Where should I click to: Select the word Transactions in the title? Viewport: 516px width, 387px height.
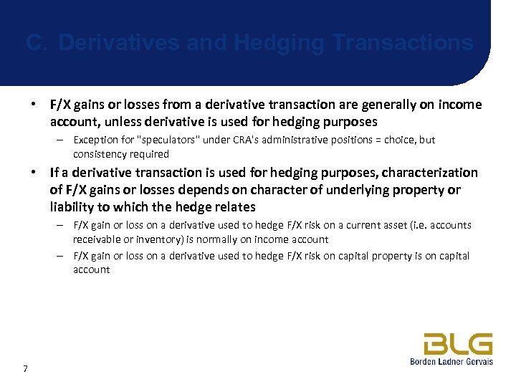[x=404, y=43]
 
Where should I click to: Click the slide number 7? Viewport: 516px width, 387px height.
[x=26, y=368]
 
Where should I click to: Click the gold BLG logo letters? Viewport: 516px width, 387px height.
[x=457, y=345]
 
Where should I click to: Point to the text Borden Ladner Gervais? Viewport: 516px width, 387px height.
[x=451, y=362]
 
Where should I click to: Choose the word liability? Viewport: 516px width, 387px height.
[x=71, y=207]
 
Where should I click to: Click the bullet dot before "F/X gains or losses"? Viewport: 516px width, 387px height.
[x=33, y=105]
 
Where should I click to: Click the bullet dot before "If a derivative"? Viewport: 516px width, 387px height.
[x=33, y=173]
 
